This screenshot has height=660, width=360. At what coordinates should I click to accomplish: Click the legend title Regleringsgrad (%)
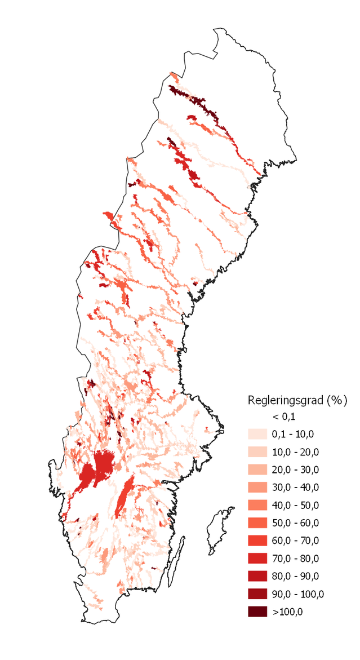297,400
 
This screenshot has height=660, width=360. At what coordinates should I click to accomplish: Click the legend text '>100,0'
287,612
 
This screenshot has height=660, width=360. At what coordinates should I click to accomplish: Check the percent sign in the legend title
336,400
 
